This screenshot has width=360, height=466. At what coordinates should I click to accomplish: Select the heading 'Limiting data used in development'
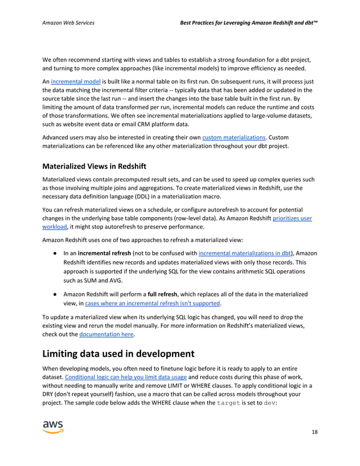(x=118, y=354)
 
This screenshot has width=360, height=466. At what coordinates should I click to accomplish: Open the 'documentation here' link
(x=107, y=334)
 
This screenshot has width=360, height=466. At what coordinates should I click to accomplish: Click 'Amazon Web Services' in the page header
(x=68, y=23)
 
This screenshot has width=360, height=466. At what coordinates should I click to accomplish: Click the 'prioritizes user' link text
(x=292, y=218)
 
